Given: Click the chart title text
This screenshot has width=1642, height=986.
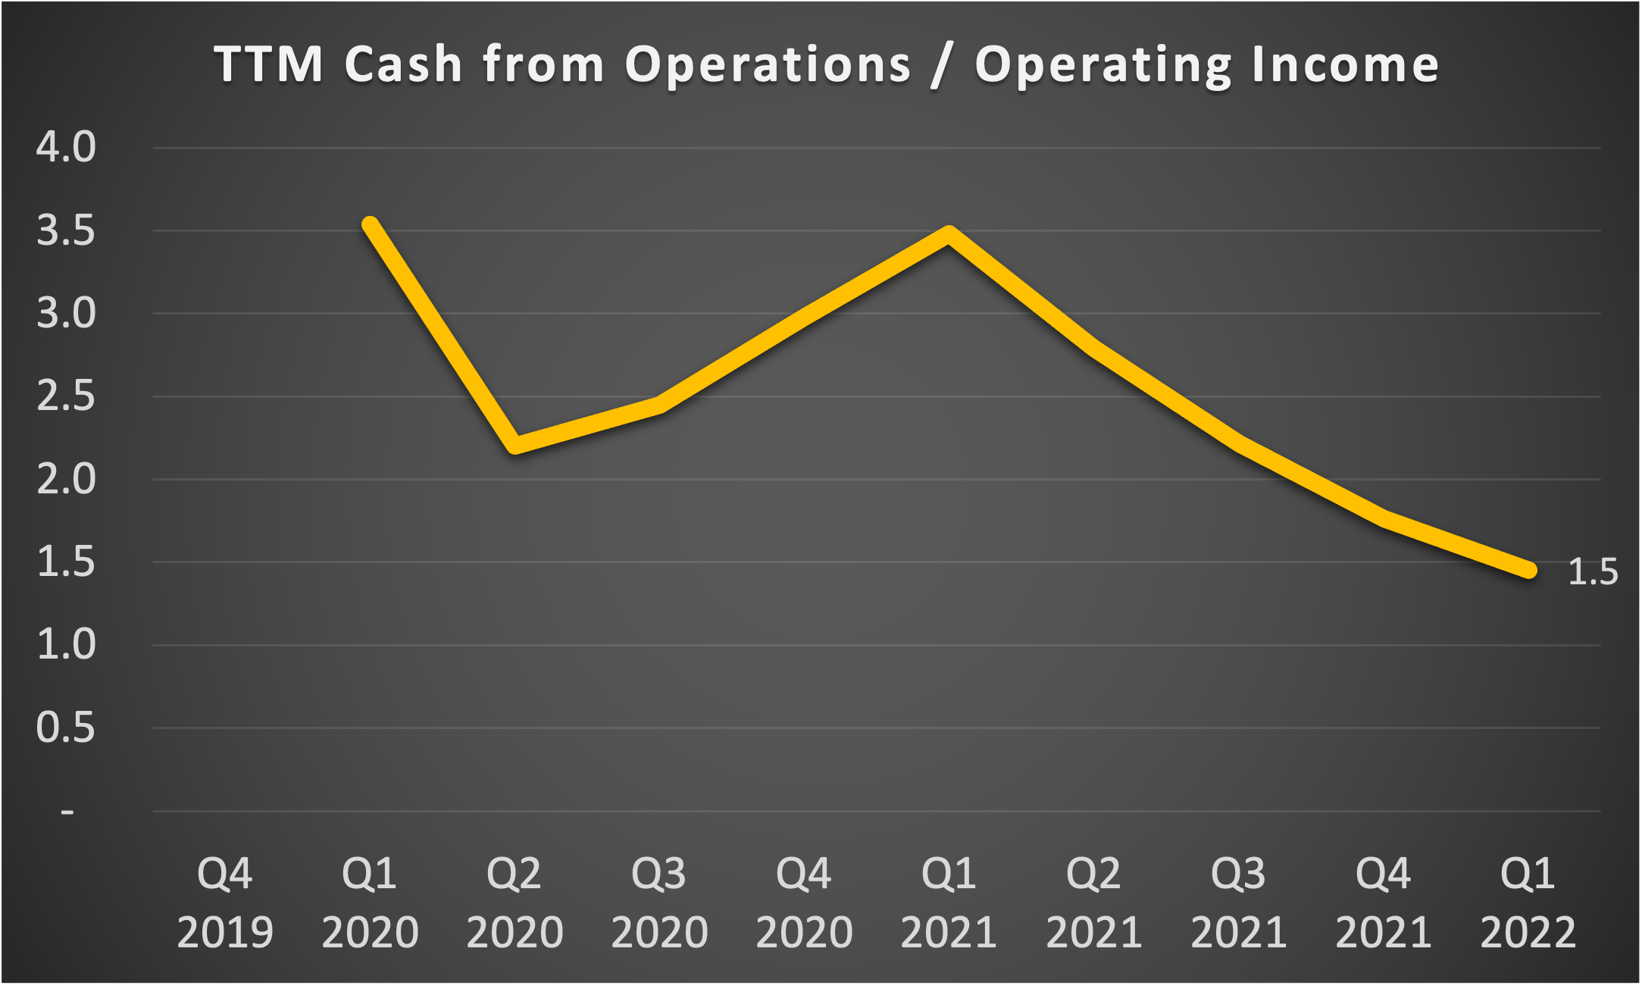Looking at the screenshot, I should [x=826, y=64].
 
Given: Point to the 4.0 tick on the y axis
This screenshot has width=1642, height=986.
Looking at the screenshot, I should [x=66, y=147].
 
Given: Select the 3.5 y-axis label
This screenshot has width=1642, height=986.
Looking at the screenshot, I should [x=66, y=230].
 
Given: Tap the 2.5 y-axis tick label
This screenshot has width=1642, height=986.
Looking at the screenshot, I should [x=66, y=396].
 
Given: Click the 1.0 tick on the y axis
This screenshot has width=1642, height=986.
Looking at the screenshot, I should [x=66, y=645].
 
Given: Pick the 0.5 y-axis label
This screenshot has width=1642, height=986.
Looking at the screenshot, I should [x=66, y=728].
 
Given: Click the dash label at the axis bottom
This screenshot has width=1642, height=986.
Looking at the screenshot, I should [x=67, y=812].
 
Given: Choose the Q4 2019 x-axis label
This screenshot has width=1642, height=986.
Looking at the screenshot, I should [x=225, y=902].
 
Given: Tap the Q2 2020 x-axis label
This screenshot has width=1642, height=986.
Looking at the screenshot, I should [x=514, y=902].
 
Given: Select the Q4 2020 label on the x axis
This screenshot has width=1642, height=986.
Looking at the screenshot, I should [x=804, y=902].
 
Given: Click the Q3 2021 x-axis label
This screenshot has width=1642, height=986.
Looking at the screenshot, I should [x=1238, y=902].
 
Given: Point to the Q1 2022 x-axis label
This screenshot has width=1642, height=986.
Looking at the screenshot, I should [x=1528, y=902].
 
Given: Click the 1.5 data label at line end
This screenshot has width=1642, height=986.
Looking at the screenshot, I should [x=1592, y=572].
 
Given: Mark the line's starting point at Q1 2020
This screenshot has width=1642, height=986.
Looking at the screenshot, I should [x=371, y=224].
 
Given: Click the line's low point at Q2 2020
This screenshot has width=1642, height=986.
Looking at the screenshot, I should [x=515, y=445].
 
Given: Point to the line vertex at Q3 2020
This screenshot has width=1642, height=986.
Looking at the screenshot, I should [x=660, y=406].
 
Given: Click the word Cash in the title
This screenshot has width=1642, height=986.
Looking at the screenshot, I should [x=403, y=64].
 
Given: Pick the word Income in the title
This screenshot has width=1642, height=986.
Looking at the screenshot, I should [x=1345, y=64].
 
